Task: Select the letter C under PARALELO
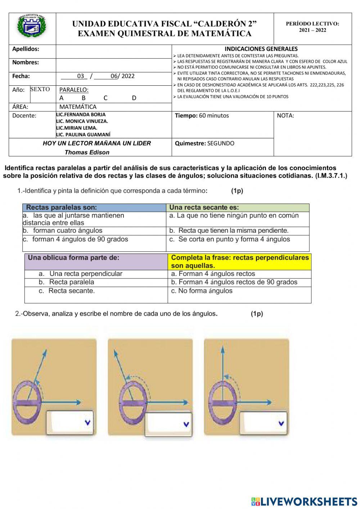(x=105, y=98)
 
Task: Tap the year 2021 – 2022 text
(x=312, y=30)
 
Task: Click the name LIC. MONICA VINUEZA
(x=82, y=121)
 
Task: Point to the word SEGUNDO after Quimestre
(x=221, y=143)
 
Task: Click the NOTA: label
(x=285, y=116)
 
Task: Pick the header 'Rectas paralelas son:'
(x=62, y=207)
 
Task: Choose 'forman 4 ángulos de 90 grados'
(x=80, y=239)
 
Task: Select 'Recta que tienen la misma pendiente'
(x=233, y=231)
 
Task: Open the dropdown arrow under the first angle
(x=87, y=423)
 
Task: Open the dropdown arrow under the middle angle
(x=186, y=424)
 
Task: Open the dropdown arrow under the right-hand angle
(x=281, y=423)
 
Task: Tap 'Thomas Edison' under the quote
(x=87, y=152)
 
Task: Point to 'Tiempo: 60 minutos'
(x=202, y=116)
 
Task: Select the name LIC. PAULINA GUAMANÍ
(x=83, y=135)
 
